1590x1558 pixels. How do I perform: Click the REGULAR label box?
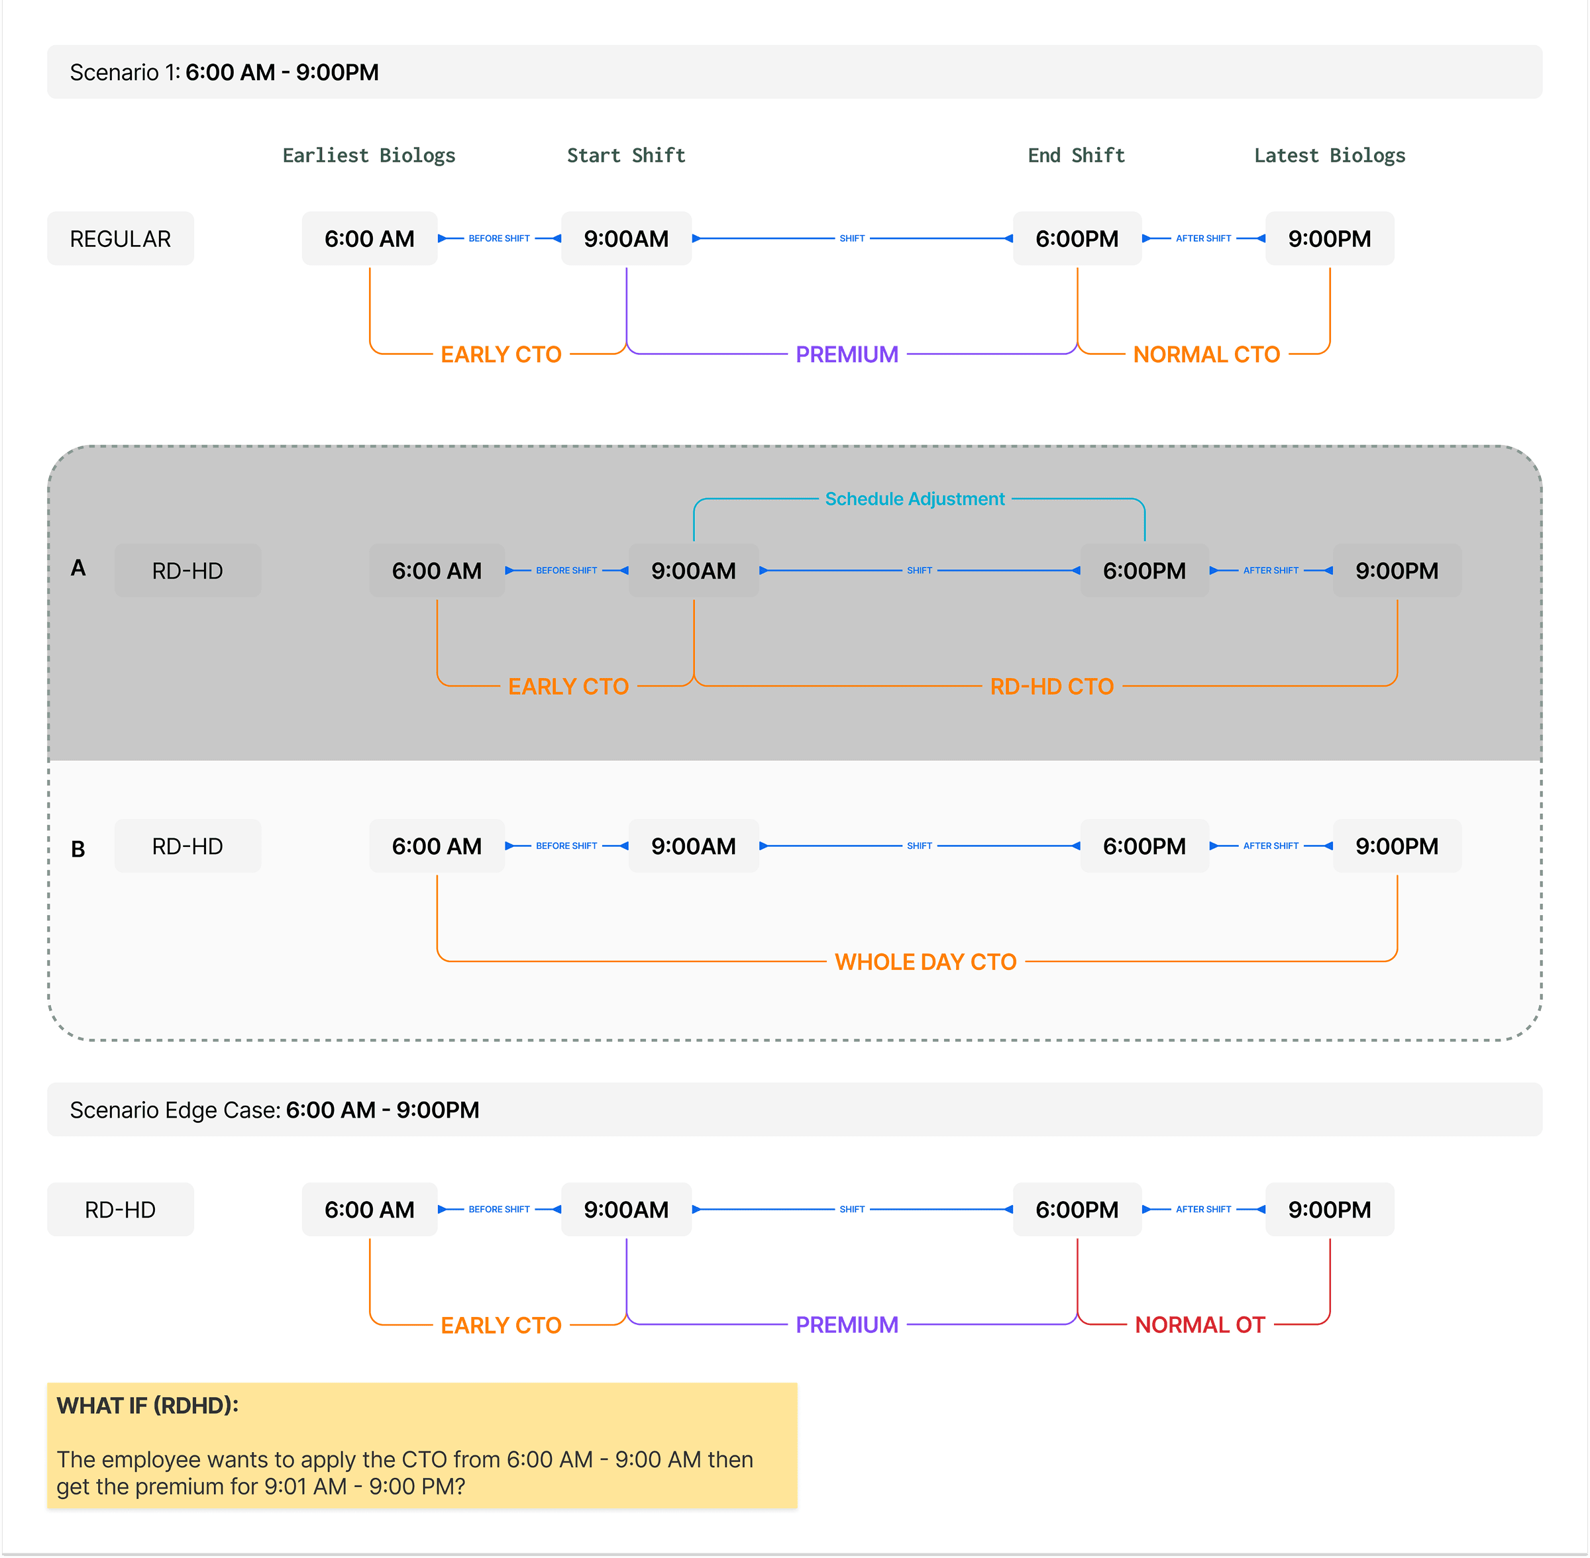tap(121, 239)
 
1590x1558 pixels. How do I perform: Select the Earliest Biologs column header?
tap(368, 156)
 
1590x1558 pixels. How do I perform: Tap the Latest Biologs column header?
tap(1329, 156)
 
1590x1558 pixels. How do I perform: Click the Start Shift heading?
tap(625, 156)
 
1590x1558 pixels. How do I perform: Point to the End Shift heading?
tap(1076, 156)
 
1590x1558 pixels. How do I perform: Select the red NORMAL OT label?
tap(1200, 1325)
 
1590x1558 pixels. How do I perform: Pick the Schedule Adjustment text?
tap(914, 499)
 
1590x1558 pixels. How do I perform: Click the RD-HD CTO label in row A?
tap(1051, 687)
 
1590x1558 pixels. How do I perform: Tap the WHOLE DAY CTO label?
tap(925, 962)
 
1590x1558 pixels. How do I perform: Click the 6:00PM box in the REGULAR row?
tap(1077, 239)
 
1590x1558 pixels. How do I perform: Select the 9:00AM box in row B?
tap(694, 846)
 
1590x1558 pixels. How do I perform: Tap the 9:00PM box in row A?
tap(1396, 571)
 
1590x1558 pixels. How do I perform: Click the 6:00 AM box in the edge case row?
tap(369, 1210)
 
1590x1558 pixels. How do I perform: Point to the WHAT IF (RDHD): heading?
tap(147, 1406)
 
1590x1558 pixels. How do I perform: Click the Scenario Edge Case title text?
tap(274, 1110)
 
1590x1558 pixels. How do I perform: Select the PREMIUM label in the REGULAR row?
tap(847, 354)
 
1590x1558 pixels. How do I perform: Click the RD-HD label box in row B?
tap(187, 846)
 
